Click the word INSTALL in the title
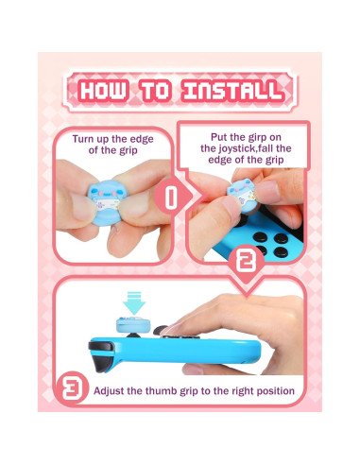coord(231,92)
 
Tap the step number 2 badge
coord(244,258)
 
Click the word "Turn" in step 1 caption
coord(88,139)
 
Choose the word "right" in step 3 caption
coord(236,389)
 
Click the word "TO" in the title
coord(153,92)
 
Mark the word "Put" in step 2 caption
coord(216,132)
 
